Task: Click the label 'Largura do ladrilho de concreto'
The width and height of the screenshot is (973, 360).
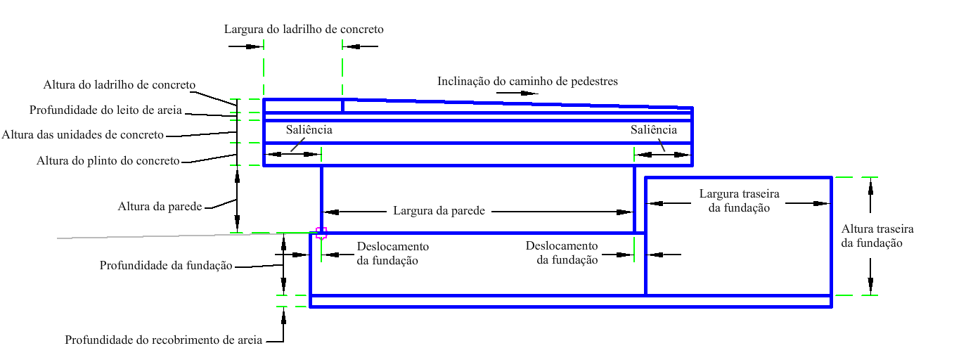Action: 304,30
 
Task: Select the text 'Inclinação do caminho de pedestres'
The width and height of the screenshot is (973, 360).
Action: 527,82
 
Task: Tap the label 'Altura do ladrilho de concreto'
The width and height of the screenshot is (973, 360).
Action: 119,84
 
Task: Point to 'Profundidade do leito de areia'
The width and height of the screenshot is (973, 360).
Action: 105,110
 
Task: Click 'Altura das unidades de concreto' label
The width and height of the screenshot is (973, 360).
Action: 82,135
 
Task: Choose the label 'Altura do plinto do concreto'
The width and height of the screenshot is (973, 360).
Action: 108,161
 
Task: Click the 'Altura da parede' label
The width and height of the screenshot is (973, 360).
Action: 160,206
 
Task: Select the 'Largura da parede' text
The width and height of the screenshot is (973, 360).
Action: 439,211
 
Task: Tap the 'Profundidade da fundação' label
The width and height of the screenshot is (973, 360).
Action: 166,266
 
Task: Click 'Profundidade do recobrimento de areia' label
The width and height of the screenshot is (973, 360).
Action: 163,340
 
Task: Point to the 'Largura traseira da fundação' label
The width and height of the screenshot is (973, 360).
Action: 739,200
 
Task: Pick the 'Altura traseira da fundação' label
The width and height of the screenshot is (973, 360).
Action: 877,236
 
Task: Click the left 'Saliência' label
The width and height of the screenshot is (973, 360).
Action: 309,130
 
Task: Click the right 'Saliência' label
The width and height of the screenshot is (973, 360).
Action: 654,130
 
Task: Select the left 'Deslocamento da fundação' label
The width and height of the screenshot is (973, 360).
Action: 393,254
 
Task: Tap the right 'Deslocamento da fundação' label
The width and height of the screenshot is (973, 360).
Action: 562,253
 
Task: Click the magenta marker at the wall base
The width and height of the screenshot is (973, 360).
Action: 321,233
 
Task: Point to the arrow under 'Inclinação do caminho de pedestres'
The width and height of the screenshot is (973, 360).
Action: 517,94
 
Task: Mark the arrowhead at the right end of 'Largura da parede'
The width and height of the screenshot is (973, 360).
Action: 625,212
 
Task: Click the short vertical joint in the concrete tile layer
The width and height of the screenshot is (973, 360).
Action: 342,106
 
